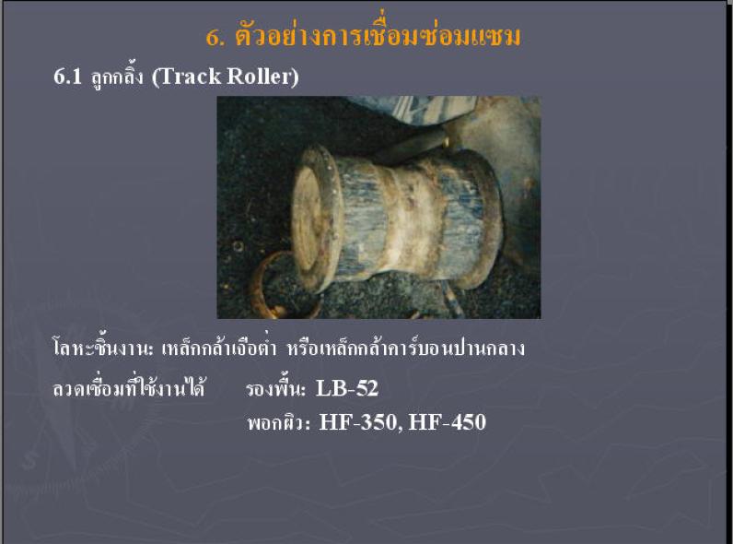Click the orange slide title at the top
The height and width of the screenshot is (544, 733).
[363, 36]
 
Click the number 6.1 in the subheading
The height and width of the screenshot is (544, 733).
[68, 77]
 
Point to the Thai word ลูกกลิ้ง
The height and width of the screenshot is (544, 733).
[117, 77]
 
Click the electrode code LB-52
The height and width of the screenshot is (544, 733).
[347, 388]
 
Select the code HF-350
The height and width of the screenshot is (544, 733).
[358, 422]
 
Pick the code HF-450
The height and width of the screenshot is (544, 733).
[448, 422]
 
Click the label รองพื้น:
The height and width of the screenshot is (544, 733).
[275, 388]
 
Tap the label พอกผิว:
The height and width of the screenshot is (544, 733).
[279, 422]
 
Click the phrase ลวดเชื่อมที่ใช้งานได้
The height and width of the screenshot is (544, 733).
[129, 388]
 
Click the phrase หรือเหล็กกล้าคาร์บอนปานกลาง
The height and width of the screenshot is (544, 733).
[406, 349]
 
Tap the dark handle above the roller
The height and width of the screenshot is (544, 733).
[412, 145]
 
